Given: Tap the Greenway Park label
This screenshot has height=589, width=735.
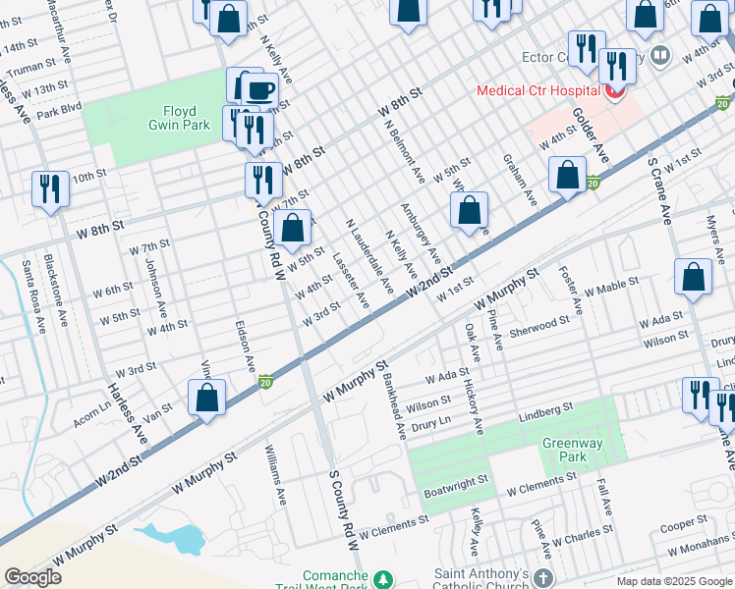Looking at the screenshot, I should tap(572, 451).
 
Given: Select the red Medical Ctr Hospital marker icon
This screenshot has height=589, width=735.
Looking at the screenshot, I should tap(615, 92).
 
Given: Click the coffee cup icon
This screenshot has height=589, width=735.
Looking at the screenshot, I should tap(259, 91).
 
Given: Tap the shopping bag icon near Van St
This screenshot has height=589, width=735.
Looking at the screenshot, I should tap(206, 399).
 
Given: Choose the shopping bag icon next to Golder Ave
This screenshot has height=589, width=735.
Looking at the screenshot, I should tap(569, 177).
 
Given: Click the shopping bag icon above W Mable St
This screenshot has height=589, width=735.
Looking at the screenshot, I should tap(694, 279).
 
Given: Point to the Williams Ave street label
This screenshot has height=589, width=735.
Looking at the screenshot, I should tap(274, 475).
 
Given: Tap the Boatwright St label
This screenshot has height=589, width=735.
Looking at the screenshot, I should tap(456, 482).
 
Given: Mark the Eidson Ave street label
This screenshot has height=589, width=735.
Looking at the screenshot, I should tap(243, 344).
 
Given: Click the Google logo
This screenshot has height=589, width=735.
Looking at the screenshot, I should tap(33, 576).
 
